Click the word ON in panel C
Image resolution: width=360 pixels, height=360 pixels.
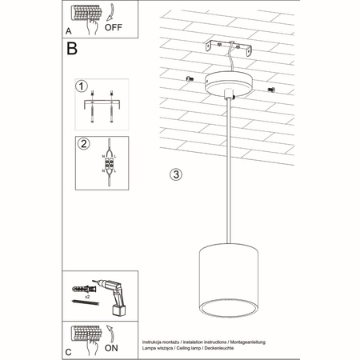[x=114, y=348]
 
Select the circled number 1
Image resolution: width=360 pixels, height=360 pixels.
[x=80, y=86]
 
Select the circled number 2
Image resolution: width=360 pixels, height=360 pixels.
[x=80, y=144]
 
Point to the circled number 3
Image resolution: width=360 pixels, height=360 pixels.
[x=177, y=174]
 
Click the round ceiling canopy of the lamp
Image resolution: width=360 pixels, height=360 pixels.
[x=230, y=82]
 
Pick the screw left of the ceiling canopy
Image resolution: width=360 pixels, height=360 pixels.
[x=190, y=78]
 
